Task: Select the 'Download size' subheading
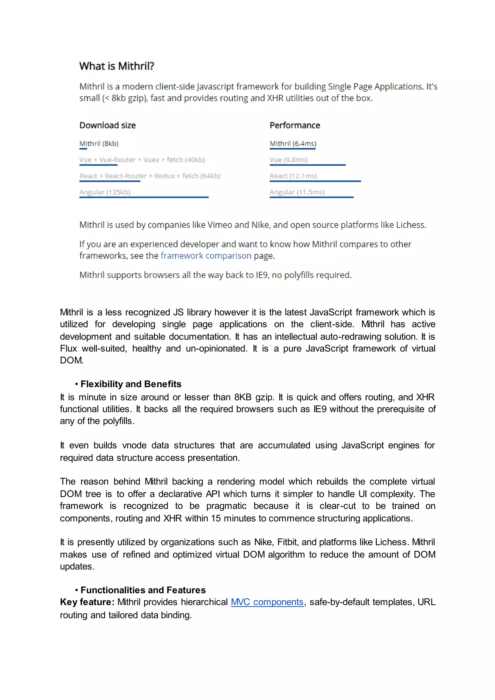(108, 125)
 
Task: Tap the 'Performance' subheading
(295, 125)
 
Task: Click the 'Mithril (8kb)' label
(99, 144)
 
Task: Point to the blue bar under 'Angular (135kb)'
(144, 197)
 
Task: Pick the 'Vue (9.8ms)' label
(288, 160)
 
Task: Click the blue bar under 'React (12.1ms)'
(315, 181)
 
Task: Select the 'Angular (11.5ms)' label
(297, 192)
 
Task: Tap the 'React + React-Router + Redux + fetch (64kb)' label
(150, 176)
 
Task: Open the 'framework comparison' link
(206, 256)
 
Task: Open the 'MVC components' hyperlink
(267, 602)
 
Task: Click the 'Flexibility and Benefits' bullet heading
(131, 384)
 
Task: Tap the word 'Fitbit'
(288, 542)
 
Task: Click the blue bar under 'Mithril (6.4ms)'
(293, 149)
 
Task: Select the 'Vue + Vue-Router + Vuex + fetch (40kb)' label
(142, 160)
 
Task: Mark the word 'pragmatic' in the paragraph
(226, 506)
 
